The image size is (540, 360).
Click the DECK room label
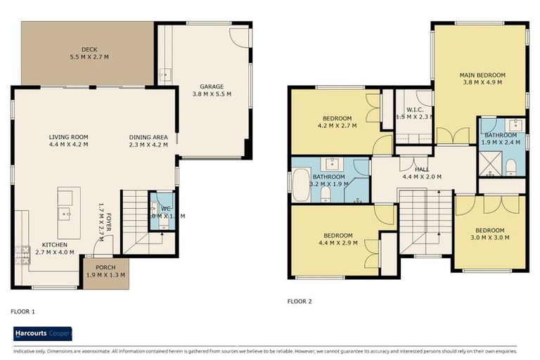[89, 49]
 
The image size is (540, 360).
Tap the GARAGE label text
[212, 85]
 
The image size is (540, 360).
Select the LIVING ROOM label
[68, 137]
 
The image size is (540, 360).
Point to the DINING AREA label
[146, 137]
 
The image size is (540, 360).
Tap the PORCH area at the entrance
[104, 270]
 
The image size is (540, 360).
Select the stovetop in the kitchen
[21, 254]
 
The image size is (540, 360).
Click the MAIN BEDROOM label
[482, 75]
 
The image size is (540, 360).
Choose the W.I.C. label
[413, 110]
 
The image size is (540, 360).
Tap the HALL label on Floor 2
[421, 169]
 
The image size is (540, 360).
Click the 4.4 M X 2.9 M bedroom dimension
[338, 243]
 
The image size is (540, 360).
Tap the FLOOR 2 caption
[300, 301]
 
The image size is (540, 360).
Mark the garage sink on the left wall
[164, 73]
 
